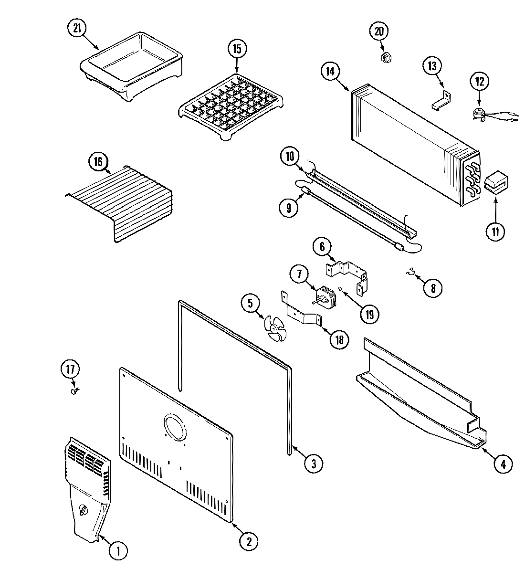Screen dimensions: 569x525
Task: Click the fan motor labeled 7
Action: (326, 296)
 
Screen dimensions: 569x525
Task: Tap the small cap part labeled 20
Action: (386, 58)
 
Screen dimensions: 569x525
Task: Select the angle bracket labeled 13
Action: (441, 101)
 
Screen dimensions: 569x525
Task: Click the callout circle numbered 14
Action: (330, 72)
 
